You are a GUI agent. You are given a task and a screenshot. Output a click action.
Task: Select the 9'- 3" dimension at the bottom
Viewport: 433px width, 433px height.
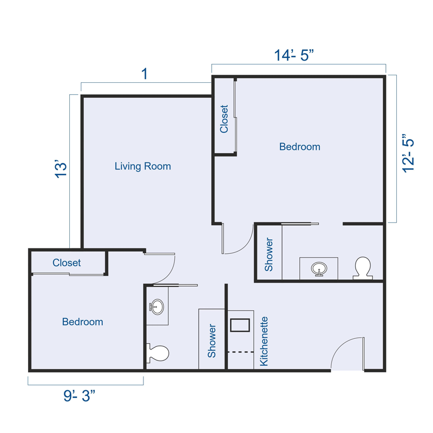coord(79,396)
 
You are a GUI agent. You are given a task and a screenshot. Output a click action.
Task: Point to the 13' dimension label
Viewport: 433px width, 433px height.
coord(61,169)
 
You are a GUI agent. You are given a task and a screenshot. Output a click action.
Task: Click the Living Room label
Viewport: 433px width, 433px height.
coord(142,166)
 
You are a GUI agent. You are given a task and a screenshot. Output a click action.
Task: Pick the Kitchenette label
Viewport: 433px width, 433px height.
coord(265,342)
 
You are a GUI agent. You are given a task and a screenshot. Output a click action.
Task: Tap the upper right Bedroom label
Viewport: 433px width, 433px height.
coord(299,147)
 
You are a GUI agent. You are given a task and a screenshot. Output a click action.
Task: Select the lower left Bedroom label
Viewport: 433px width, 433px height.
coord(82,322)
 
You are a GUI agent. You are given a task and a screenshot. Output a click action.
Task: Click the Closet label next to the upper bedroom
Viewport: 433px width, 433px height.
coord(224,119)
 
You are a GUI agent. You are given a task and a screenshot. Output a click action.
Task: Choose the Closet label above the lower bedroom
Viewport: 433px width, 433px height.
coord(67,263)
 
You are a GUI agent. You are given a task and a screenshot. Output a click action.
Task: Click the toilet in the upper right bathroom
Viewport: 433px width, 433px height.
coord(362,268)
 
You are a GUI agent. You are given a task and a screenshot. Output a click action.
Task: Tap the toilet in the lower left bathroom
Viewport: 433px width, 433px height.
coord(158,353)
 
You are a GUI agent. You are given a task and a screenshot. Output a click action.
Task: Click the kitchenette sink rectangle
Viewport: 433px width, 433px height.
coord(240,325)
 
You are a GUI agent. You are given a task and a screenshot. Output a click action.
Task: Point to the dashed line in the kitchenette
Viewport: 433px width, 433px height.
coord(240,352)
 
